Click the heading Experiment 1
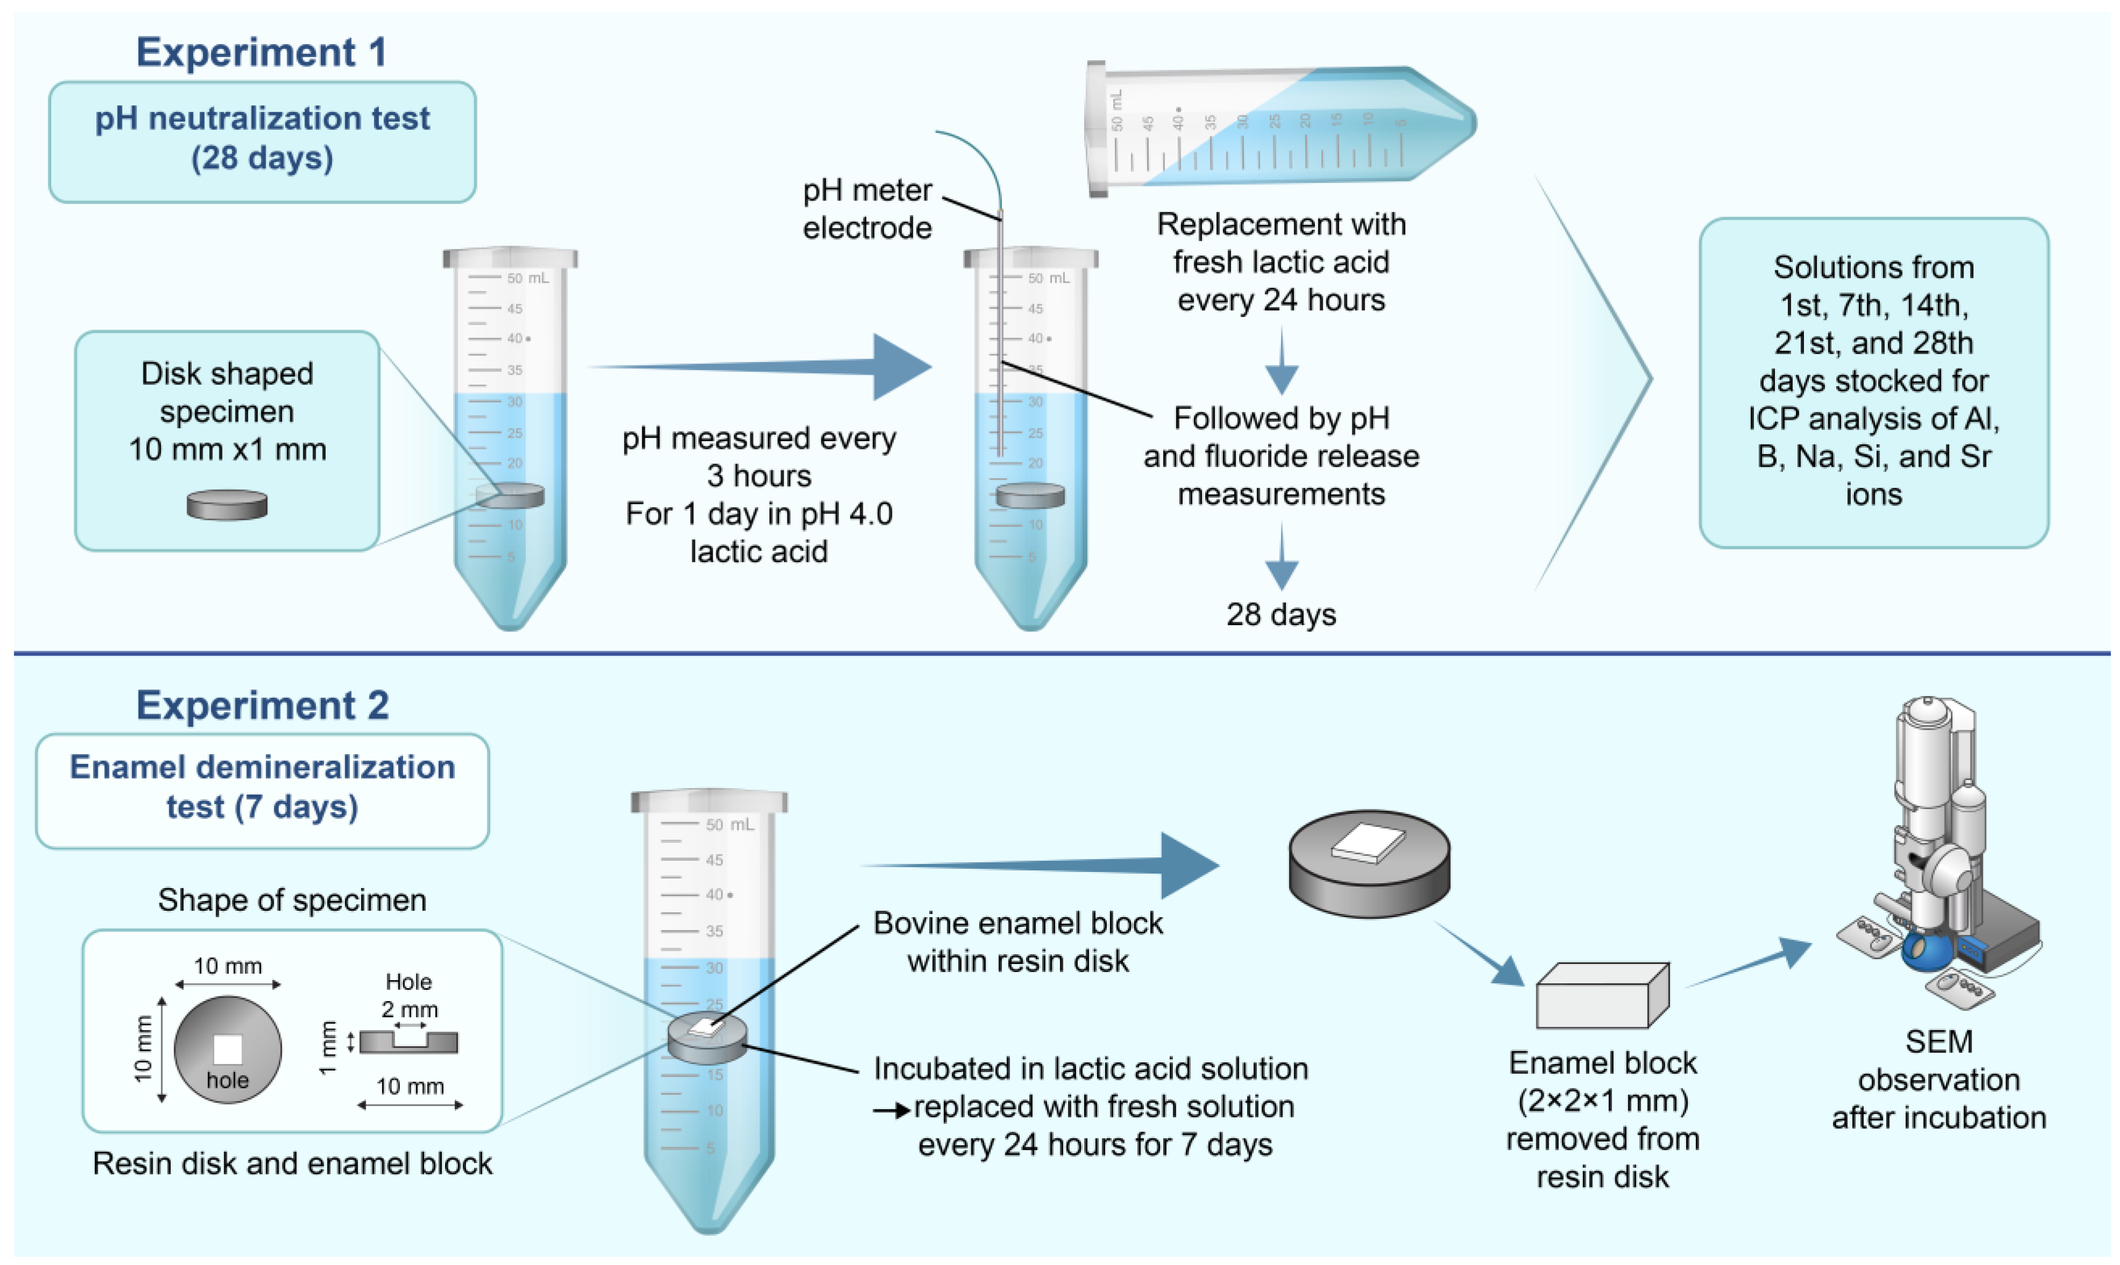coord(262,52)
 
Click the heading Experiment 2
coord(262,706)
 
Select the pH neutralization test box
coord(262,141)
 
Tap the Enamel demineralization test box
coord(262,791)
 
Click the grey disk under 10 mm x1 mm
coord(227,505)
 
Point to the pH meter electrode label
coord(868,209)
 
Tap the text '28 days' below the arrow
coord(1281,614)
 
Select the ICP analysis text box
coord(1874,382)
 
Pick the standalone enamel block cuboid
coord(1602,996)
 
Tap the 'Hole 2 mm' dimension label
coord(409,996)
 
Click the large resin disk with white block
coord(1369,863)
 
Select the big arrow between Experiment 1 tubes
coord(759,367)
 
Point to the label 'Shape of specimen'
coord(292,900)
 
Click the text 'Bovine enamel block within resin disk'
coord(1018,942)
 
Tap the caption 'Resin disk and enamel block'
coord(292,1163)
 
